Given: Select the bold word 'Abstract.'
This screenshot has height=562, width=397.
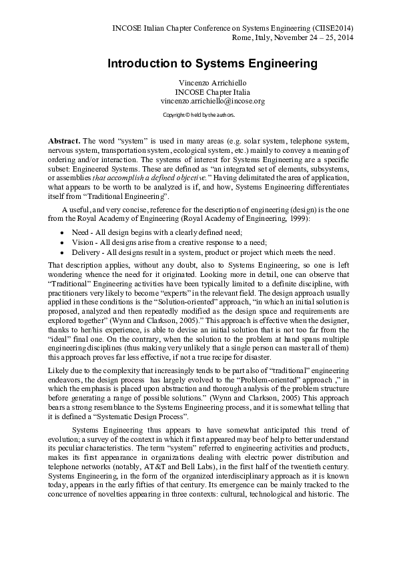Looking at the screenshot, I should (x=64, y=142).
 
